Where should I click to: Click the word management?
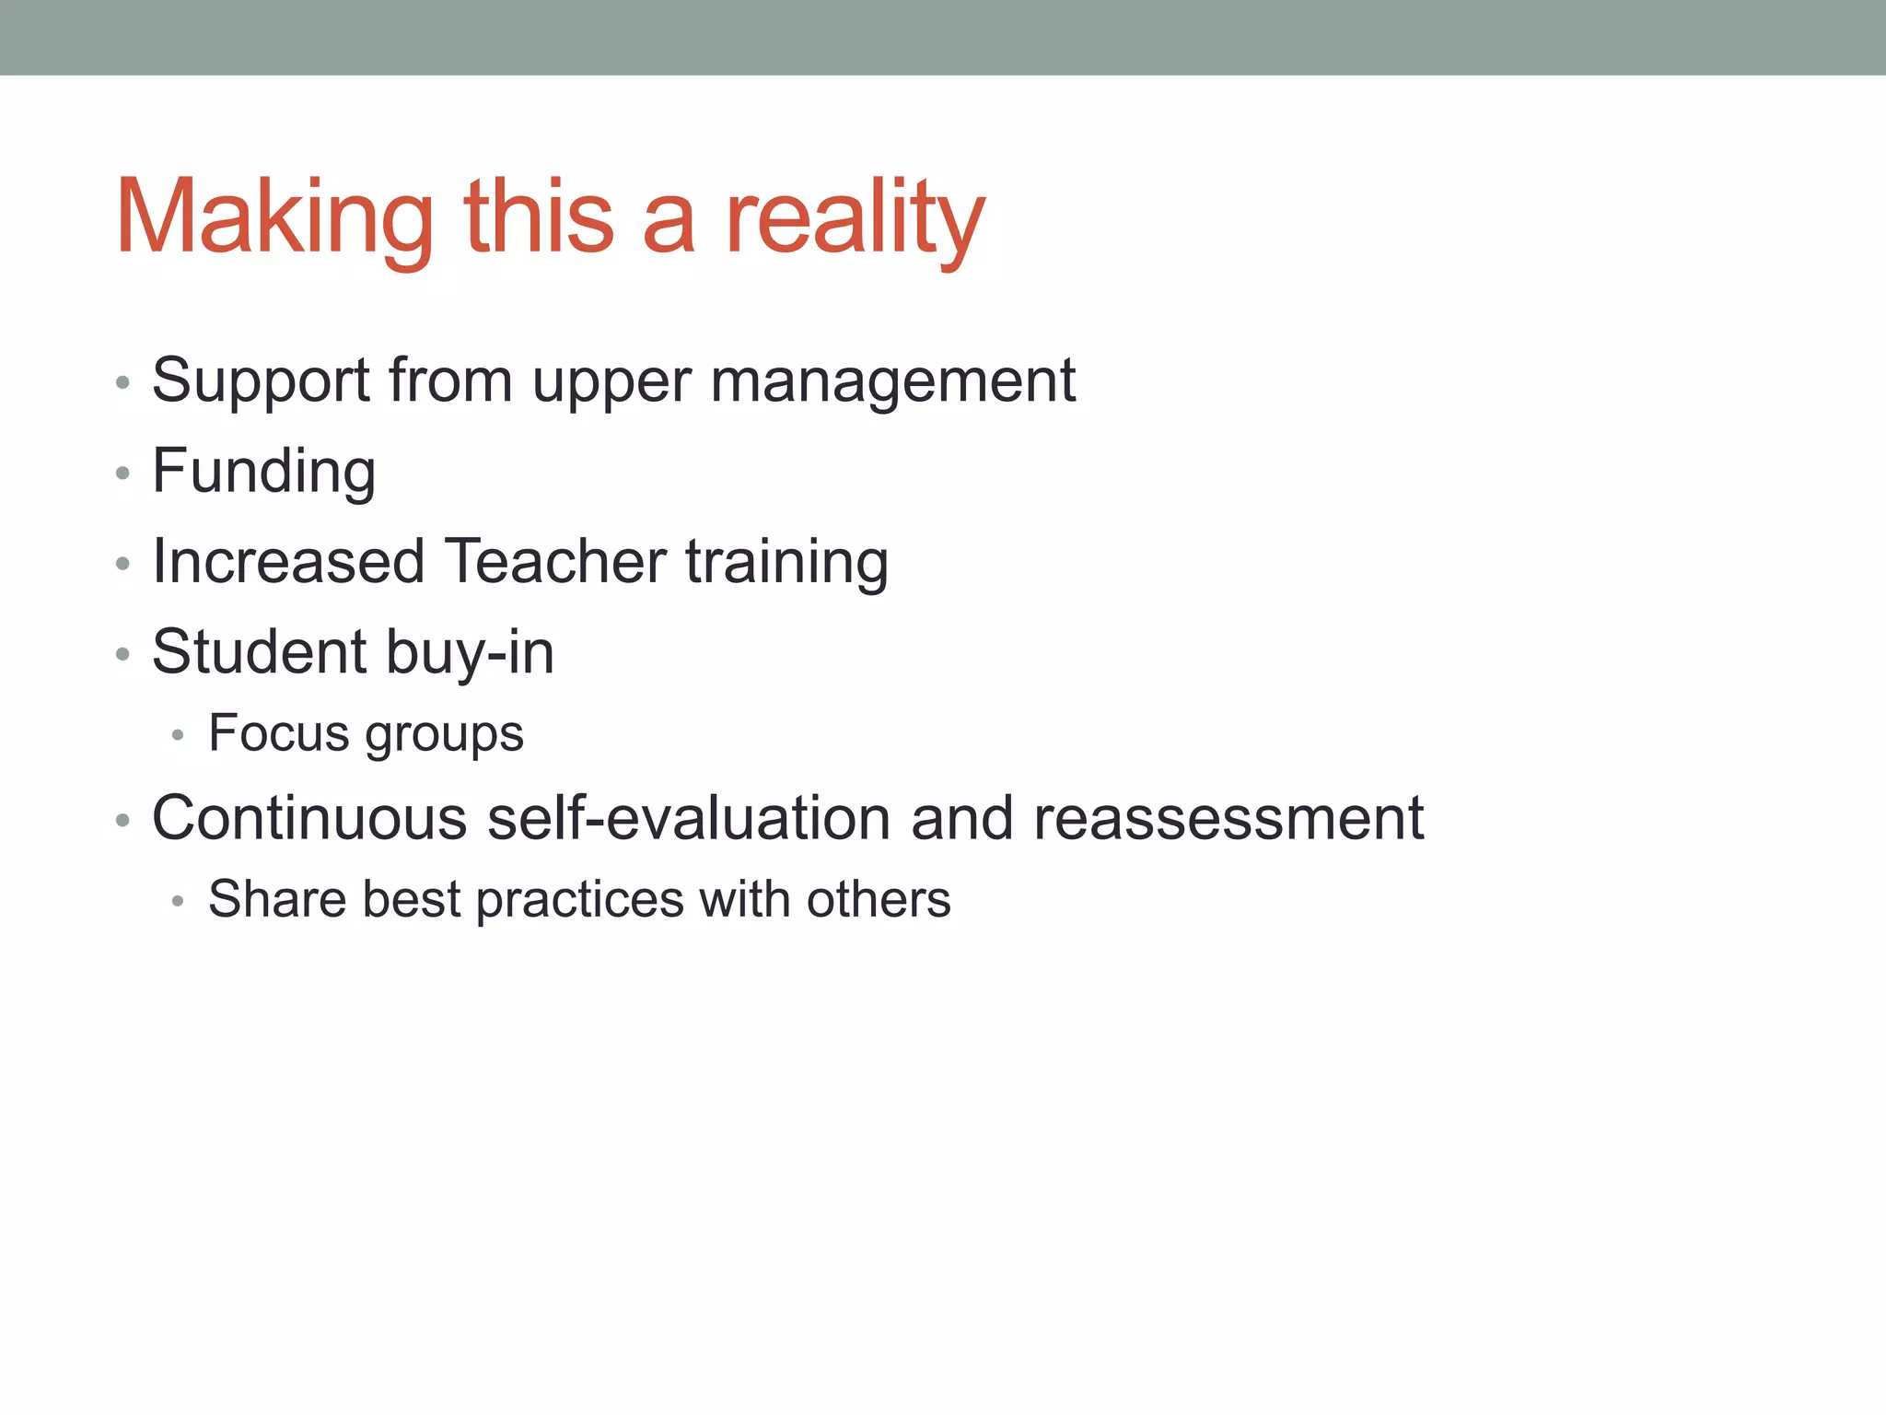tap(892, 380)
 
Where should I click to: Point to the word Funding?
tap(263, 471)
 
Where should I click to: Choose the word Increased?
tap(288, 561)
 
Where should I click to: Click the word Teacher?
tap(555, 561)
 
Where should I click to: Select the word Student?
tap(259, 651)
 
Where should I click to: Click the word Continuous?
tap(309, 817)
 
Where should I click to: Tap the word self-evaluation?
tap(688, 817)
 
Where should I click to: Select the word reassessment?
tap(1228, 817)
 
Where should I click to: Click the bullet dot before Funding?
tap(122, 474)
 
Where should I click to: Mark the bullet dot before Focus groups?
tap(179, 735)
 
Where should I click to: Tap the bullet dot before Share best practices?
tap(179, 901)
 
